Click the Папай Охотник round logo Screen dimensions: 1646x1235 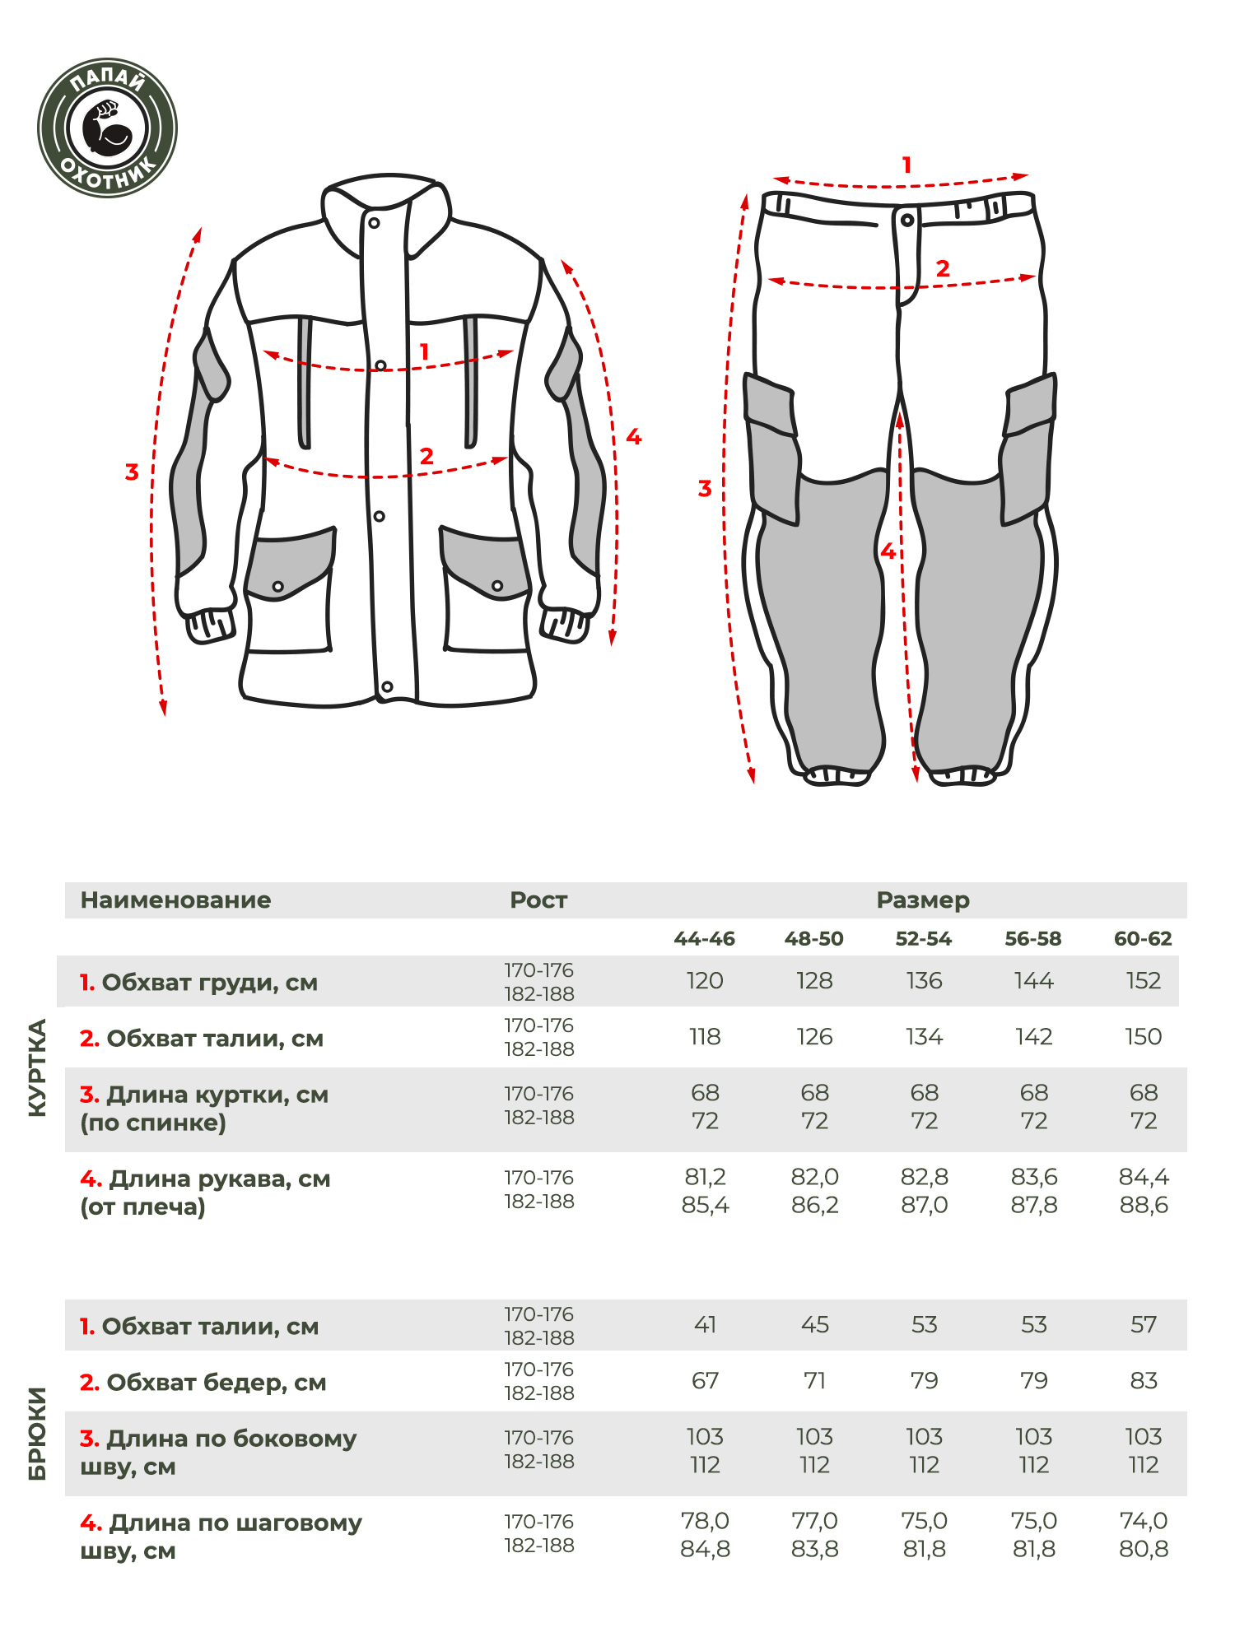tap(107, 128)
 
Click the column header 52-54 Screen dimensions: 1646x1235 tap(923, 939)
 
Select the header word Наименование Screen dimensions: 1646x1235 tap(175, 900)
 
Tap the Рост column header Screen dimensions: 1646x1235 tap(538, 900)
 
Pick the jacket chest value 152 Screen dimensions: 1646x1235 tap(1143, 981)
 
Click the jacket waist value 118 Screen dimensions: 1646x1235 tap(705, 1037)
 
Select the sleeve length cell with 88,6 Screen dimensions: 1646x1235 tap(1143, 1206)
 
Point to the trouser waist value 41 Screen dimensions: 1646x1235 tap(705, 1325)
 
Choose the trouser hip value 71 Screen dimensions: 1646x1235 tap(814, 1381)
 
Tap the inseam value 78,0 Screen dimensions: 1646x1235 tap(705, 1521)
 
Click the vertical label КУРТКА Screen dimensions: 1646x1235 tap(38, 1067)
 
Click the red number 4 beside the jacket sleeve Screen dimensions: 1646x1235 tap(633, 437)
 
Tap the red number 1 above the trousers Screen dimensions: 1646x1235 tap(906, 165)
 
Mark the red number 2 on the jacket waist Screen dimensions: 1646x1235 tap(426, 456)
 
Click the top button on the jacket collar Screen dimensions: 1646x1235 tap(374, 223)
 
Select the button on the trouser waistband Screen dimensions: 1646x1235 tap(906, 221)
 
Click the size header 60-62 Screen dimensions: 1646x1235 tap(1143, 939)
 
